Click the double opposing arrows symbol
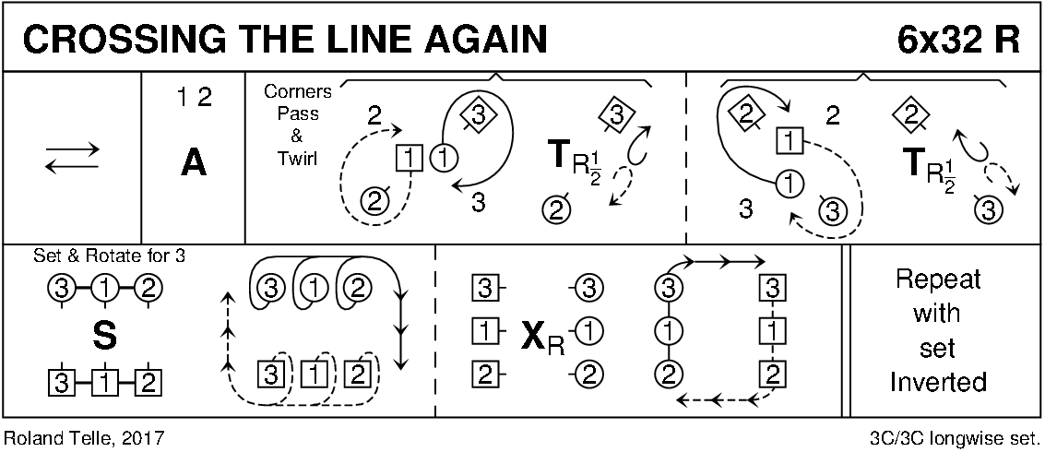[73, 162]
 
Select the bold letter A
[193, 163]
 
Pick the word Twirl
[297, 158]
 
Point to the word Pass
[297, 114]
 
